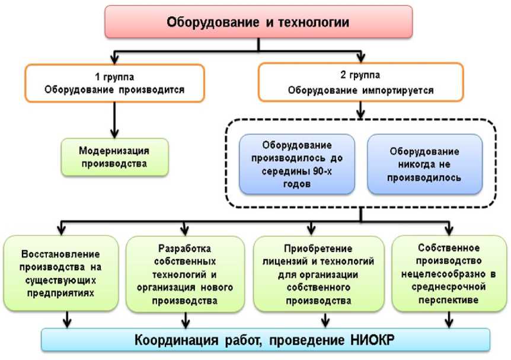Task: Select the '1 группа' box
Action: [x=114, y=84]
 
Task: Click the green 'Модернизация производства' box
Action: [x=114, y=157]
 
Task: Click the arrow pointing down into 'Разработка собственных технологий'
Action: [x=185, y=228]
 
